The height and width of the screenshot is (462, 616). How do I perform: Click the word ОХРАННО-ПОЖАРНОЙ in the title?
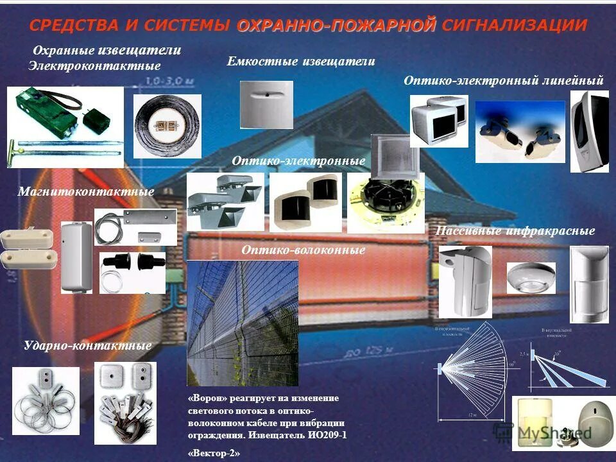tap(336, 25)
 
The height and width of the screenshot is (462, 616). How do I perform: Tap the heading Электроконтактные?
tap(94, 65)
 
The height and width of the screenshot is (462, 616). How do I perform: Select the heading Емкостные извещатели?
tap(300, 62)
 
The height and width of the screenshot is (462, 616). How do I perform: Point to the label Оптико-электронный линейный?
tap(503, 80)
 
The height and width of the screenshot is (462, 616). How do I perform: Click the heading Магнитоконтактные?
tap(86, 192)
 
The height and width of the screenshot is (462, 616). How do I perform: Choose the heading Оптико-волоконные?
tap(304, 250)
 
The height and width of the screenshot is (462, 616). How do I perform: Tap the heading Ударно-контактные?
tap(87, 346)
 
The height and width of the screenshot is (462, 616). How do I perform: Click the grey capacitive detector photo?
tap(266, 104)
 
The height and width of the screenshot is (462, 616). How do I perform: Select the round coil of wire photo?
tap(167, 126)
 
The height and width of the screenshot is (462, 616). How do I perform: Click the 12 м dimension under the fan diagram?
tap(472, 415)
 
